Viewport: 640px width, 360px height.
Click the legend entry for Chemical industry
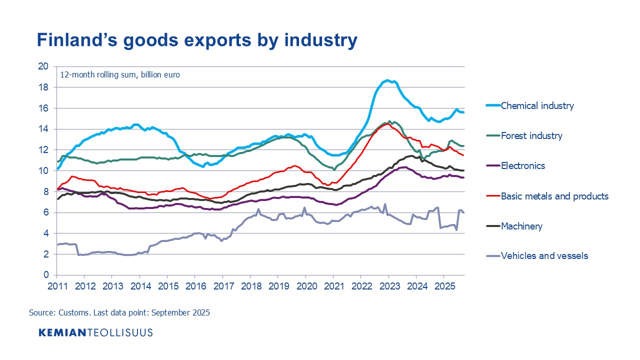click(x=537, y=105)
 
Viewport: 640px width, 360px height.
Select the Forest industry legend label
click(x=531, y=135)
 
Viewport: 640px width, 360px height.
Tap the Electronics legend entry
click(x=523, y=165)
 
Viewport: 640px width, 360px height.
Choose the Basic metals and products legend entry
click(x=554, y=196)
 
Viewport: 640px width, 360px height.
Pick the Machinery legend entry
click(x=521, y=226)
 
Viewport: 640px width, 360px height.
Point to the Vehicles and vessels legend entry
click(x=544, y=256)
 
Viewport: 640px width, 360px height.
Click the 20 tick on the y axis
click(x=43, y=66)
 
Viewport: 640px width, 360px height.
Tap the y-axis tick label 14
click(x=43, y=129)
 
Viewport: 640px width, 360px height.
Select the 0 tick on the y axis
click(x=46, y=275)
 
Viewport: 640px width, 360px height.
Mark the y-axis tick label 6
click(x=46, y=212)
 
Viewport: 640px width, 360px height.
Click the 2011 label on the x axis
click(x=56, y=285)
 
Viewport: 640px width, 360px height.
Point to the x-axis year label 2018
click(x=249, y=285)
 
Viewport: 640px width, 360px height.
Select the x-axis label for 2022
click(x=360, y=285)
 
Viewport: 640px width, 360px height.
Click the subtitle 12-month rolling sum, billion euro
click(x=120, y=75)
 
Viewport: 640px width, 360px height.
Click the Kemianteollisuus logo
click(x=95, y=332)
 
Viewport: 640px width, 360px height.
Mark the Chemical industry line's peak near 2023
click(x=387, y=80)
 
